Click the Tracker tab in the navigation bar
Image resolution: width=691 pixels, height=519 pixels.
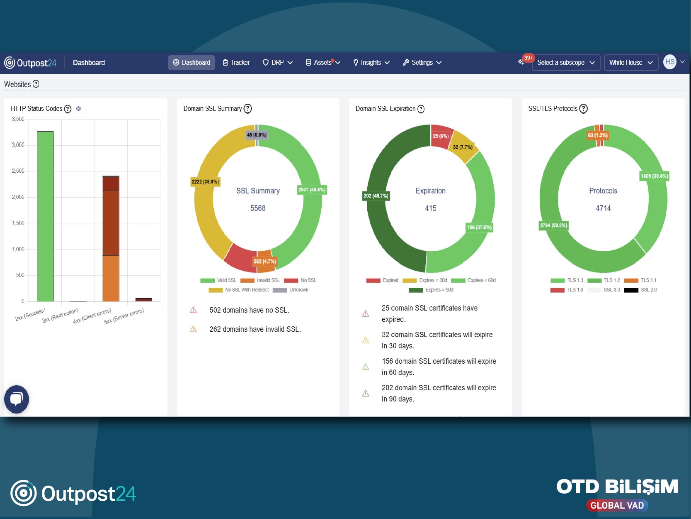236,62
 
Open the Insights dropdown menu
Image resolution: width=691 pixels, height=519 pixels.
371,62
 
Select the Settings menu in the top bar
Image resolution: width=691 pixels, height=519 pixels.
422,62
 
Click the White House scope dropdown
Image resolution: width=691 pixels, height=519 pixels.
631,62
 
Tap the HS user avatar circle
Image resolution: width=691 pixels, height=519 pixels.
669,62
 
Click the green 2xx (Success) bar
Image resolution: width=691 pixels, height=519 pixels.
45,216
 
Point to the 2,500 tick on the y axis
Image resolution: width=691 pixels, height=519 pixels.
18,171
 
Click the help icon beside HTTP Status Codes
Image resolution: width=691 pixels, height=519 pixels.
68,109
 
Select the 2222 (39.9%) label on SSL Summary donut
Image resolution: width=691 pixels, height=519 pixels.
205,181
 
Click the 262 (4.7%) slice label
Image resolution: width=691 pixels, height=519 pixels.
265,262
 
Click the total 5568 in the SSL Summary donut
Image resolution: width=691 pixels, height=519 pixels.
258,208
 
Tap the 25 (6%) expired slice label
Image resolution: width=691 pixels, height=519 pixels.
440,136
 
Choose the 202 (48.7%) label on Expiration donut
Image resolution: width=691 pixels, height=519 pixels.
376,196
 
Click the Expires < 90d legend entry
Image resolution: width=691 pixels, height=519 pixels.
431,290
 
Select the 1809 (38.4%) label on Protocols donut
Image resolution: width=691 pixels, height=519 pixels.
654,176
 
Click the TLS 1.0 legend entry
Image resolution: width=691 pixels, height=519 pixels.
567,290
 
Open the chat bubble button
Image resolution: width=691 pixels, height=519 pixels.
16,399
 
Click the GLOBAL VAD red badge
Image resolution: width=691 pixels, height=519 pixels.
617,505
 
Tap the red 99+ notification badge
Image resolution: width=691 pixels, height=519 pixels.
528,58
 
